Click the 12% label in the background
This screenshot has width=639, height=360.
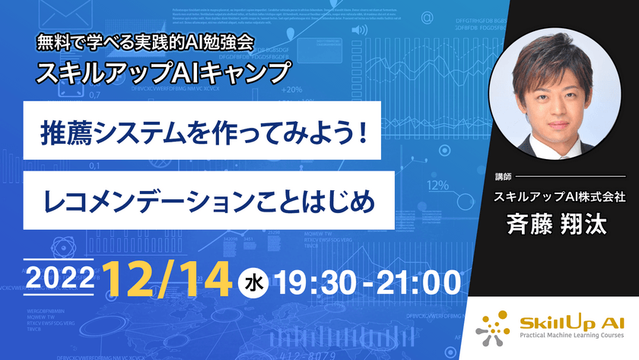(x=437, y=185)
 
